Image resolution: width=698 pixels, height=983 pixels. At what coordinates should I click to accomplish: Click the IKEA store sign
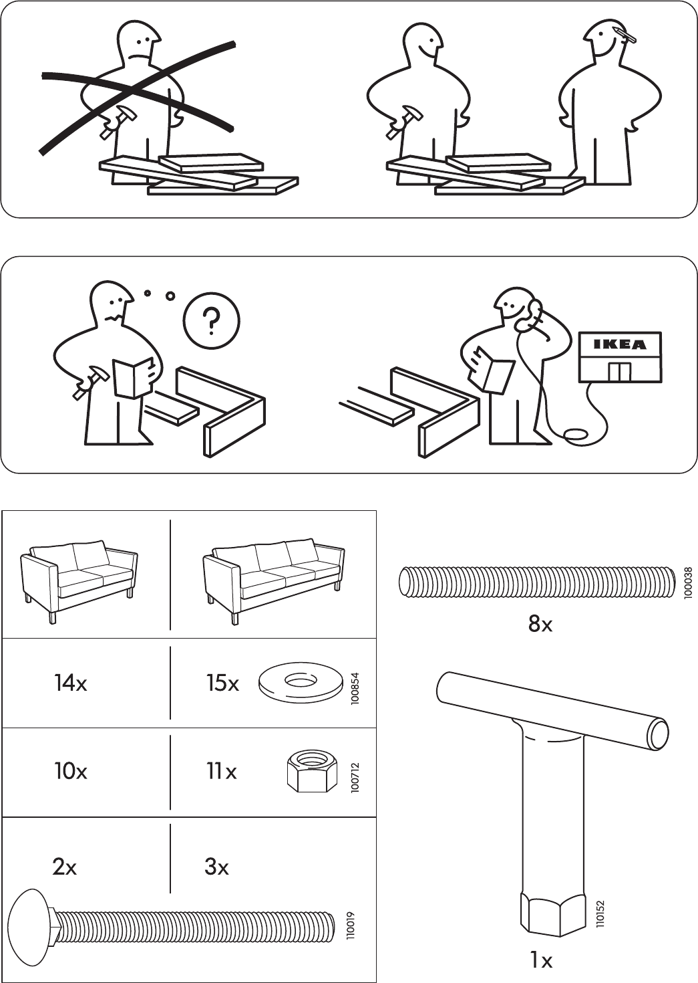point(621,345)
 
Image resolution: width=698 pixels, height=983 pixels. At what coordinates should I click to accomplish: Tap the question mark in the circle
point(212,322)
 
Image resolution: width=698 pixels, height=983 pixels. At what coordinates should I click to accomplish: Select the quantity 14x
point(70,683)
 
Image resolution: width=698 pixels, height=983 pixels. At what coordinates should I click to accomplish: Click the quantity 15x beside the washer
point(222,683)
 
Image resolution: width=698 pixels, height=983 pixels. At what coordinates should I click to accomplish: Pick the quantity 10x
point(70,772)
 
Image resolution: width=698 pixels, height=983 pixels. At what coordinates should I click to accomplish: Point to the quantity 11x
point(221,772)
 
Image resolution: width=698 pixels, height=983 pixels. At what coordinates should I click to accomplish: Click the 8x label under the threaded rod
point(540,625)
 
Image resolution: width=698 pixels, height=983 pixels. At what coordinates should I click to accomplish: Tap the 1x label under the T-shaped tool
point(540,961)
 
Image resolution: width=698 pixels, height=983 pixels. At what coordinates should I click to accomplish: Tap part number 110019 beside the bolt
point(351,925)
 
